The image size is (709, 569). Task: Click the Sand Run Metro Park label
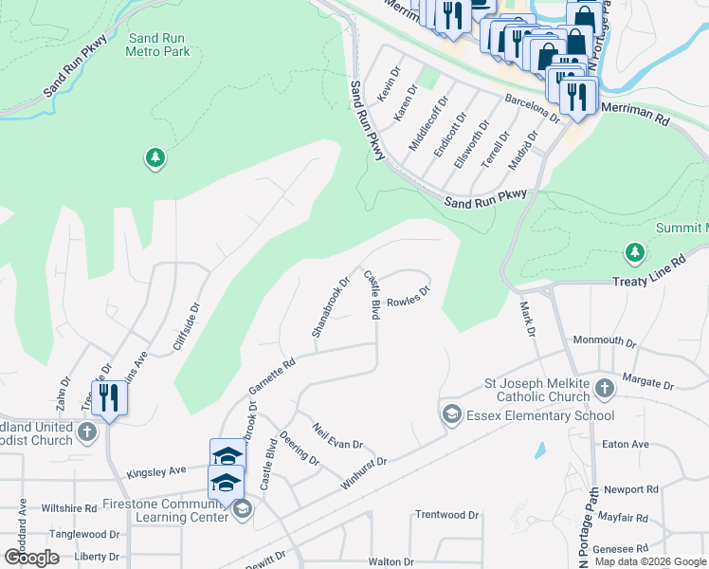157,45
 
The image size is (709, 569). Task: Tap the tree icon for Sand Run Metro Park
155,157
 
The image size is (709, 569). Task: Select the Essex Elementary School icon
452,414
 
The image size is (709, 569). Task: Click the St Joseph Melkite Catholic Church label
538,391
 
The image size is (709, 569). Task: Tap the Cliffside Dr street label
188,327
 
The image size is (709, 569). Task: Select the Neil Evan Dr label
337,436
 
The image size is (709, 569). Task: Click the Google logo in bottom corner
31,557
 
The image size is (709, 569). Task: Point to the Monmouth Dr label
605,340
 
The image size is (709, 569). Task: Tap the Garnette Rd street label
272,376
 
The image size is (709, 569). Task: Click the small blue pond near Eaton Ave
540,450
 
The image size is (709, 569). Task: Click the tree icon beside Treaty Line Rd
634,252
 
